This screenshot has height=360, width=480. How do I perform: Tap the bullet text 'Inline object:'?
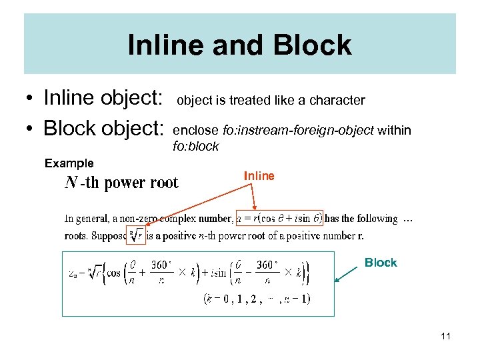(x=103, y=98)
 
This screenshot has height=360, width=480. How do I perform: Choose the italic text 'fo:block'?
(x=195, y=147)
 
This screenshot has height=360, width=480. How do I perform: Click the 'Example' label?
(x=69, y=163)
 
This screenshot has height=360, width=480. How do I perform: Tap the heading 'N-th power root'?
(x=121, y=183)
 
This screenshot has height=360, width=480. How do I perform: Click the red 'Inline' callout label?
(x=259, y=176)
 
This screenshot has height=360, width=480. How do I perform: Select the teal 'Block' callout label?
(x=381, y=263)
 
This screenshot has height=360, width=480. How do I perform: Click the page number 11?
(x=445, y=336)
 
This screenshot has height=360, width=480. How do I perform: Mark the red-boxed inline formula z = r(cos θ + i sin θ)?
(x=279, y=218)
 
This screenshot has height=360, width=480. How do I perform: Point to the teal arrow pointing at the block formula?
(x=347, y=274)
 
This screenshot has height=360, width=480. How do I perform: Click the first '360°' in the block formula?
(x=161, y=265)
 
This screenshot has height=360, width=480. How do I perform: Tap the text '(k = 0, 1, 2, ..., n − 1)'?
(x=257, y=299)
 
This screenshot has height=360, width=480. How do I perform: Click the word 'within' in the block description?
(x=394, y=131)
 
